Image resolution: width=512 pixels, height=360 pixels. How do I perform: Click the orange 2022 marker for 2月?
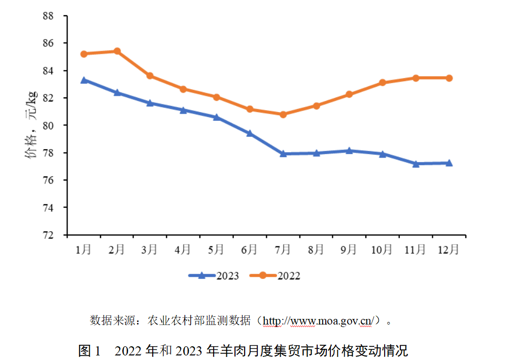point(117,51)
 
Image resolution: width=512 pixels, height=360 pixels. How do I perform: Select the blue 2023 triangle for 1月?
point(84,80)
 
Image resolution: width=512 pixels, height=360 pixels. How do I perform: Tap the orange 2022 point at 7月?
point(283,115)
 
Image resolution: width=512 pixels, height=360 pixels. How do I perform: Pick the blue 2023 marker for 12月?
point(449,163)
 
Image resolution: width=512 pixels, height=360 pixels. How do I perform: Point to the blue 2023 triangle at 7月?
point(283,154)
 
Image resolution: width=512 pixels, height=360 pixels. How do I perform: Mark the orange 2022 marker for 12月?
point(449,78)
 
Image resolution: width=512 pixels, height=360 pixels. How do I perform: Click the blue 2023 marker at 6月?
point(250,133)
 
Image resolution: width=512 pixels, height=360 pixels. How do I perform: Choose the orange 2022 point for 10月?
point(383,83)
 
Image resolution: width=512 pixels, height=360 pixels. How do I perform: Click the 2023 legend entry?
point(214,276)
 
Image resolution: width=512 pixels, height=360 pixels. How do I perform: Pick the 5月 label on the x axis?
point(216,249)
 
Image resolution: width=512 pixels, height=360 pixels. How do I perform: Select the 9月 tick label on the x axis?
point(349,249)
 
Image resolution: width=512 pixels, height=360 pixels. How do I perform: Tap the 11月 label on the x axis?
point(416,249)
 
